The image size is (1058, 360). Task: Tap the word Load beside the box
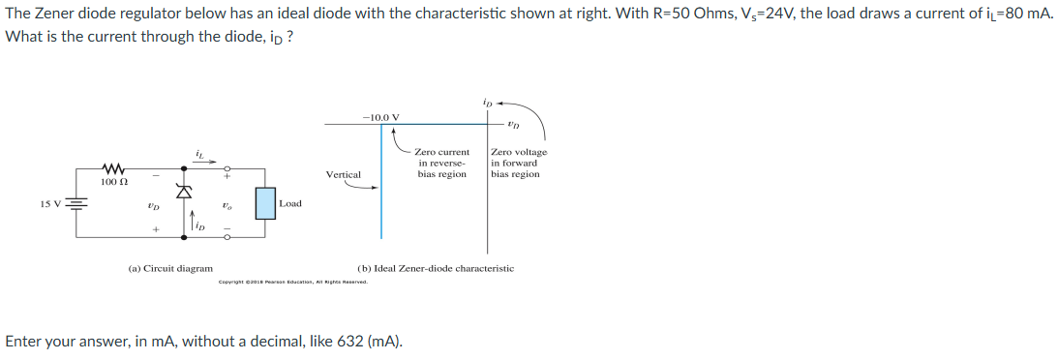pos(290,203)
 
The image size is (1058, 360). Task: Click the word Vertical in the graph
pos(344,175)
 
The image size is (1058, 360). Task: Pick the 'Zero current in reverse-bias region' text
pos(442,164)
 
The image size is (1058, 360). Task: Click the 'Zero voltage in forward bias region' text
pos(518,164)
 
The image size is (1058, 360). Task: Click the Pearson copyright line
pos(293,282)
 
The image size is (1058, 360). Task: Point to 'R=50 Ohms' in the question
pos(660,18)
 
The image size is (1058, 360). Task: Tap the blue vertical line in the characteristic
pos(380,194)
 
